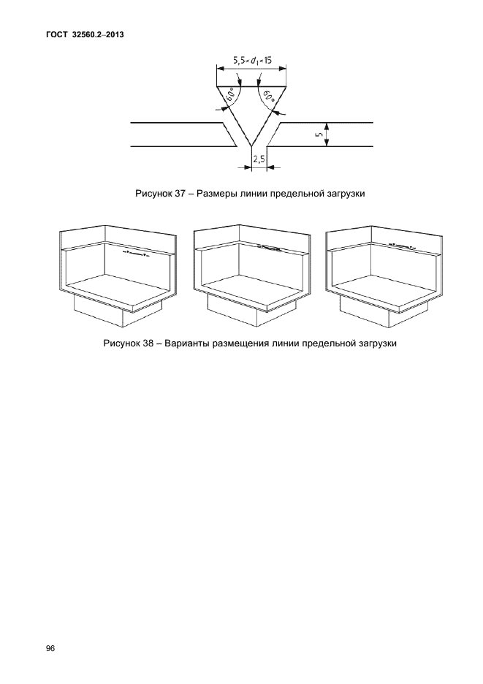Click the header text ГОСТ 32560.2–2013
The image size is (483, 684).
[x=85, y=35]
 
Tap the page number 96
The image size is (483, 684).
[x=50, y=649]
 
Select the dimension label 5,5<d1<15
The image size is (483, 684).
[x=252, y=61]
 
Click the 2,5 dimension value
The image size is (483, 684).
[x=259, y=159]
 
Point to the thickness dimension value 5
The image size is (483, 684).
[x=319, y=134]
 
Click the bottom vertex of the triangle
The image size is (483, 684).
[x=252, y=145]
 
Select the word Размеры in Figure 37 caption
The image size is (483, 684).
[x=214, y=194]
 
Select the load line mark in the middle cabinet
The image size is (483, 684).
[x=268, y=248]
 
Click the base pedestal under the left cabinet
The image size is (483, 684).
[x=118, y=310]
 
